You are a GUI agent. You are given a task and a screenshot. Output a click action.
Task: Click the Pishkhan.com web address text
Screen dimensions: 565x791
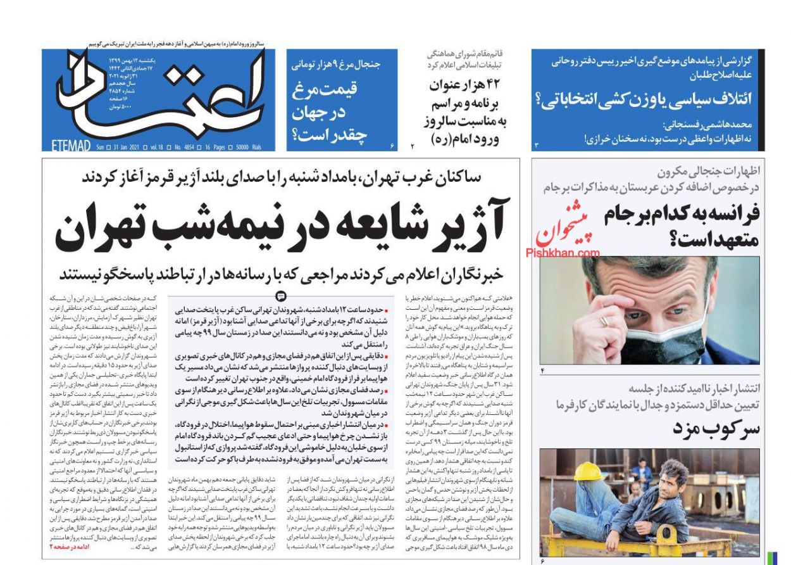563,253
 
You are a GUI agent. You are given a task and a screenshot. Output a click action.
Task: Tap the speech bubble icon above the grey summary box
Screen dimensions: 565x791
282,296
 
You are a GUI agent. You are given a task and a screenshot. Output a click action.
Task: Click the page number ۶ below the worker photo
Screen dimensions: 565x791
542,561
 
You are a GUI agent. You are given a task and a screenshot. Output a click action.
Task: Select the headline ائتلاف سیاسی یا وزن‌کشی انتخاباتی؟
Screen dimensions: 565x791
645,98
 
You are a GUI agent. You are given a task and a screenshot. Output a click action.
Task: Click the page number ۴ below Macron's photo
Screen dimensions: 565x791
542,370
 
